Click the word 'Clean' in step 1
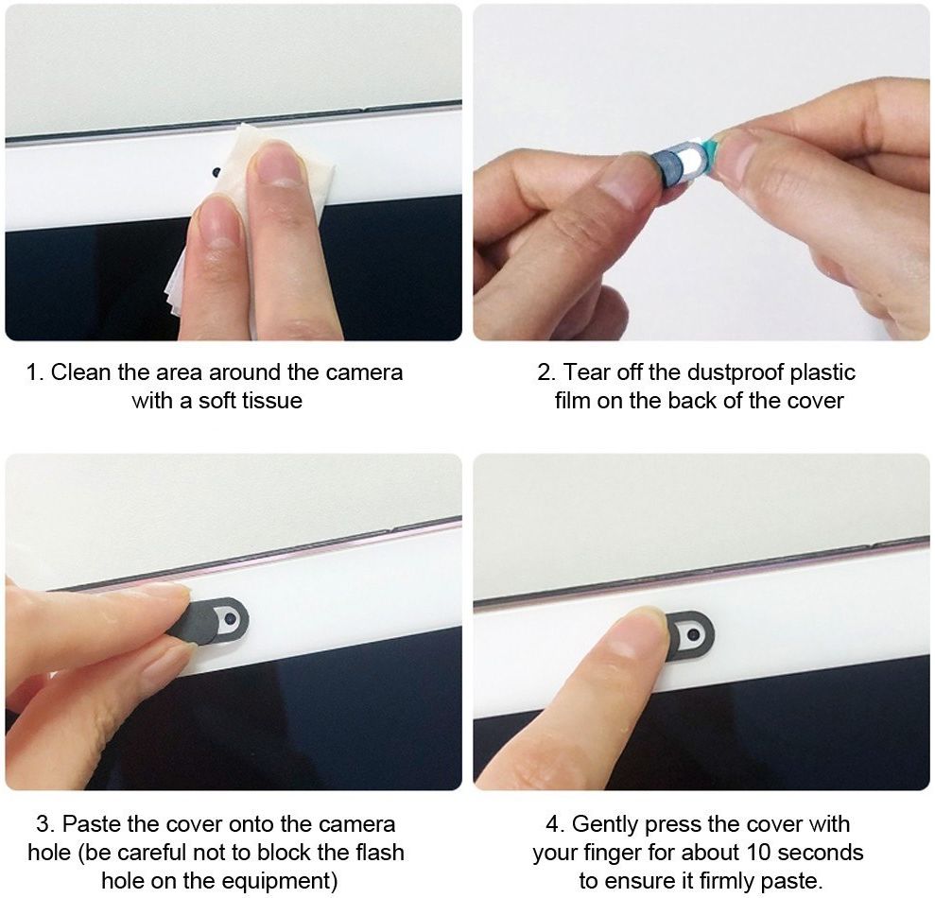pyautogui.click(x=81, y=372)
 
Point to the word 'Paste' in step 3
pyautogui.click(x=92, y=824)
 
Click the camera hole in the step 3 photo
pyautogui.click(x=229, y=620)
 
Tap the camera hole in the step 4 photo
pyautogui.click(x=693, y=634)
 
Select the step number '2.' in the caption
pyautogui.click(x=546, y=372)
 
